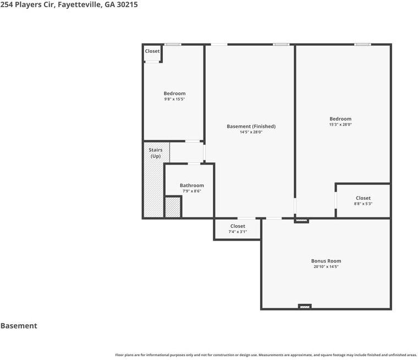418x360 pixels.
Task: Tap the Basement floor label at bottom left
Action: click(x=19, y=325)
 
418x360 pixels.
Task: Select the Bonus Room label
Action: click(x=326, y=261)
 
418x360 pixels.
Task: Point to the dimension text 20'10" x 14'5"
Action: click(x=326, y=266)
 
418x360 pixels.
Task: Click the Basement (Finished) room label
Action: click(x=251, y=126)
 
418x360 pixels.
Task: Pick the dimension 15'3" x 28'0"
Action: click(x=340, y=124)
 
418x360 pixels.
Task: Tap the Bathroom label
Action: click(x=191, y=185)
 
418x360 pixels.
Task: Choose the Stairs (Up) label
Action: click(x=156, y=153)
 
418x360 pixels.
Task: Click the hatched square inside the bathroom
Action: click(x=173, y=207)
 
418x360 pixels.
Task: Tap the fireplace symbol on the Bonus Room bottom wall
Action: click(x=305, y=307)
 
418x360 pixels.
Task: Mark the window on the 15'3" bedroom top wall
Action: click(x=362, y=44)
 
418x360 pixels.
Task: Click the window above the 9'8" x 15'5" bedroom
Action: click(x=173, y=44)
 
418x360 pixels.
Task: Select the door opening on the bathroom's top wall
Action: click(x=194, y=163)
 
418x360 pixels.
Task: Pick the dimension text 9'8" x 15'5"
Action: click(x=174, y=99)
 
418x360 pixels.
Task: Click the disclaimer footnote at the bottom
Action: click(x=266, y=355)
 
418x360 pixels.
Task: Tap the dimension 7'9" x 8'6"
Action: click(x=191, y=191)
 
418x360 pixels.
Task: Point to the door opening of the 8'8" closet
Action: click(x=335, y=200)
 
